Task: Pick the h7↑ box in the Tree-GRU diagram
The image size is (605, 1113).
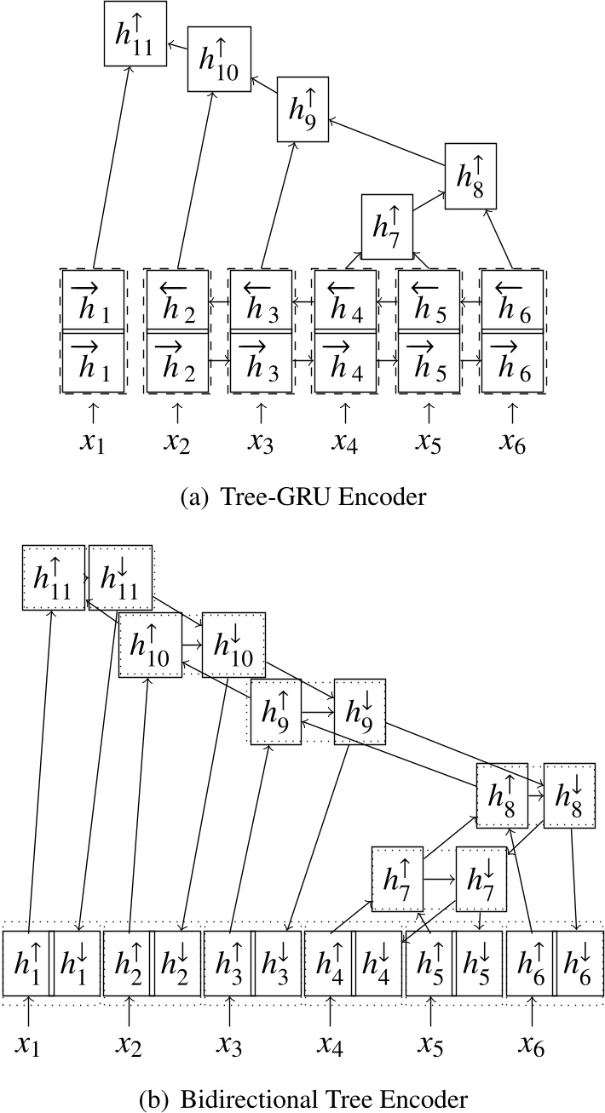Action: tap(386, 227)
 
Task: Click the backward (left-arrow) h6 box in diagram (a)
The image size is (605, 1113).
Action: tap(512, 300)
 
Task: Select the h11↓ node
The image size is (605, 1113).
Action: tap(119, 577)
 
